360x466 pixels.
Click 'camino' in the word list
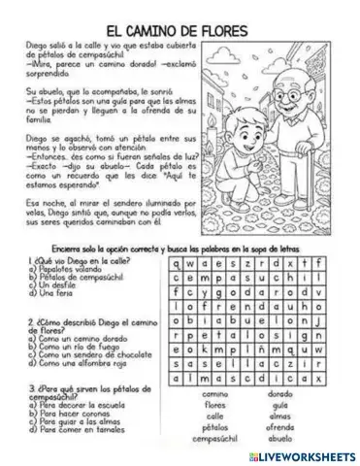coord(215,394)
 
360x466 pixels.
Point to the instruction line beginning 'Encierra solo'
coord(180,248)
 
